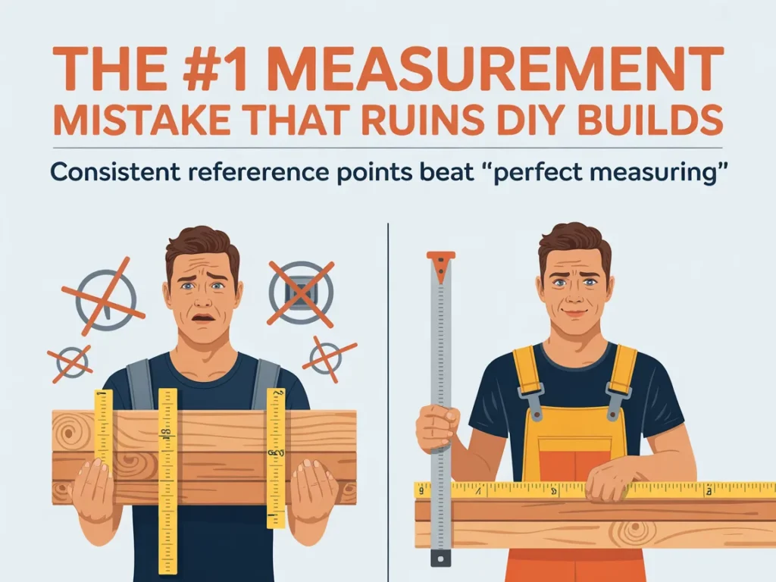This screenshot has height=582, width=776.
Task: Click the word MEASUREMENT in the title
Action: coord(497,69)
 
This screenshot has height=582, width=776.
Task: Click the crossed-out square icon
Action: coord(301,293)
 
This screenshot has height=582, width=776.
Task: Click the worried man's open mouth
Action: coord(203,318)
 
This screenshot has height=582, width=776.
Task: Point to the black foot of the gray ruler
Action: coord(440,558)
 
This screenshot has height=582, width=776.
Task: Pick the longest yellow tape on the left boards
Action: coord(167,480)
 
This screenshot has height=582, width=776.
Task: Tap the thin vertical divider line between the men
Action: coord(388,402)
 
